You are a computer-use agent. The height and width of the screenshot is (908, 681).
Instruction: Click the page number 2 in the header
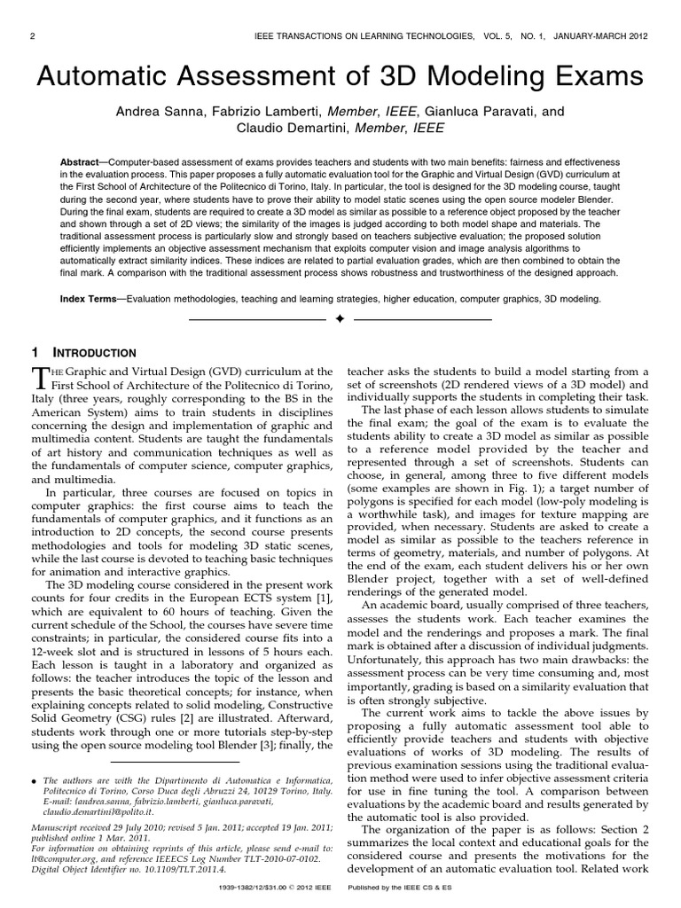tap(32, 36)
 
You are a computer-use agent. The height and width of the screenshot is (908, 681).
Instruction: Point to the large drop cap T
tap(39, 378)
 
